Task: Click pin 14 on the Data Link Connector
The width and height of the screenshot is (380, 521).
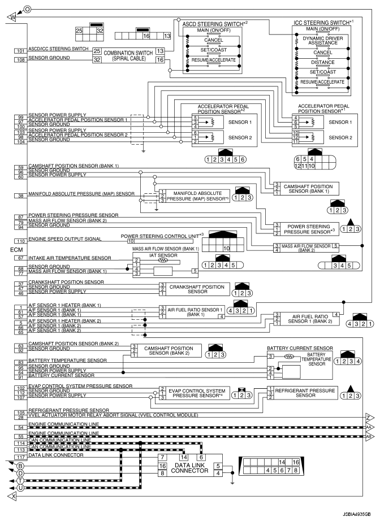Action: tap(183, 457)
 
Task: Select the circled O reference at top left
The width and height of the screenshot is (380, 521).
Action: tap(27, 8)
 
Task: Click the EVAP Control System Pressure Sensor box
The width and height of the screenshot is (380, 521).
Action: tap(197, 393)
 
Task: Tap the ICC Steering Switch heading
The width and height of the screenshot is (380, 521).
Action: tap(322, 23)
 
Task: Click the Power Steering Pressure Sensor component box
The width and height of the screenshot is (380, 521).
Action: tap(302, 228)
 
